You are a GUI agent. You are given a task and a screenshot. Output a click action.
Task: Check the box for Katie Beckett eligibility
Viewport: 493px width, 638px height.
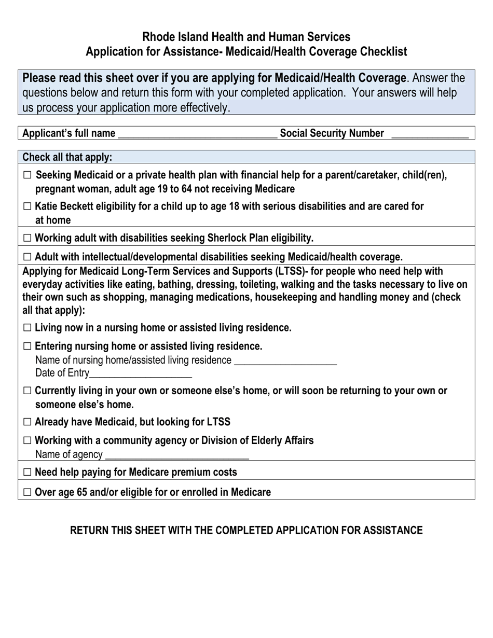tap(28, 206)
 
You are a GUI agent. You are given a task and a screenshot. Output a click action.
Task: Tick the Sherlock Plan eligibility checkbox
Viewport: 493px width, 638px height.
tap(28, 239)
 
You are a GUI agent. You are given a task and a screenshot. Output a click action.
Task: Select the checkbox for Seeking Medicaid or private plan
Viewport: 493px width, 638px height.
tap(28, 175)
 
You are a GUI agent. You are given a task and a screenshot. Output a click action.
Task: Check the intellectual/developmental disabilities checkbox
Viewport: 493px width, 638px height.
tap(28, 257)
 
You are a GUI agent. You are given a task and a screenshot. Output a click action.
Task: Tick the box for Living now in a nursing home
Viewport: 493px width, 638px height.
tap(28, 328)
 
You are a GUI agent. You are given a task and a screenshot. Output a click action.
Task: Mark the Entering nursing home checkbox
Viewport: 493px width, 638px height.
tap(28, 346)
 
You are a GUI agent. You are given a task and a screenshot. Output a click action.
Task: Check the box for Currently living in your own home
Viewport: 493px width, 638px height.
tap(28, 391)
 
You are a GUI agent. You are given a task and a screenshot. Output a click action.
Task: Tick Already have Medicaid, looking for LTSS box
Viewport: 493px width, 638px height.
tap(28, 422)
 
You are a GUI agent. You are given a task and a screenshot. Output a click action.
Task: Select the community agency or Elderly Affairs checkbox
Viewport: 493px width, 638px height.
tap(28, 440)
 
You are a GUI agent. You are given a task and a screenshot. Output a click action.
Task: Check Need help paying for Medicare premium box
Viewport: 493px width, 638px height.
tap(28, 472)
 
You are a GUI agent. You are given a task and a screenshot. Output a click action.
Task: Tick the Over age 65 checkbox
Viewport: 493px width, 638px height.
tap(28, 492)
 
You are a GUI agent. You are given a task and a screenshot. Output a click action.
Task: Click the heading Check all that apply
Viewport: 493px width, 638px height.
tap(67, 157)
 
